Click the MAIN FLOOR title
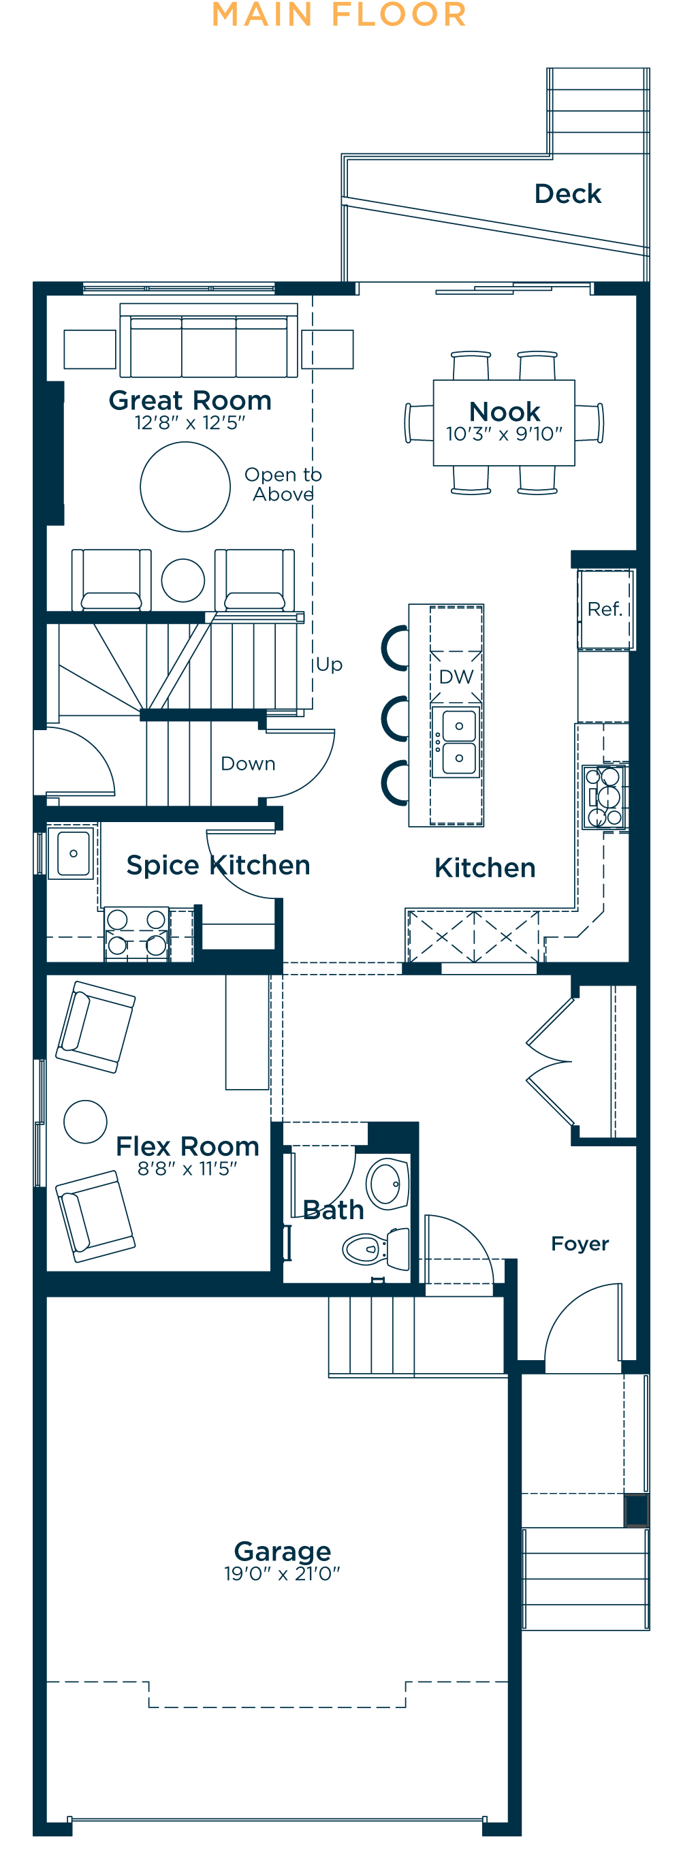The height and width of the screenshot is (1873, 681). pyautogui.click(x=339, y=15)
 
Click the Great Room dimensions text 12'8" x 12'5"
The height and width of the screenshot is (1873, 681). pyautogui.click(x=190, y=423)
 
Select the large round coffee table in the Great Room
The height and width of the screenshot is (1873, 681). pyautogui.click(x=185, y=486)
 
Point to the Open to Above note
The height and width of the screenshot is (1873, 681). pyautogui.click(x=283, y=484)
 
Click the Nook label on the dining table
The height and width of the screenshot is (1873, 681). pyautogui.click(x=504, y=411)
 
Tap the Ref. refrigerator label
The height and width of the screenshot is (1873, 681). pyautogui.click(x=604, y=609)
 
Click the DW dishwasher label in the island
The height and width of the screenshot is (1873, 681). pyautogui.click(x=456, y=677)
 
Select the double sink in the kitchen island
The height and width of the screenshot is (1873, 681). pyautogui.click(x=456, y=742)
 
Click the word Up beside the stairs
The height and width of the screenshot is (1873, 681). pyautogui.click(x=328, y=665)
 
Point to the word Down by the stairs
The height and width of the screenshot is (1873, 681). pyautogui.click(x=248, y=764)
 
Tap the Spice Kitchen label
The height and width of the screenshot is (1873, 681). pyautogui.click(x=218, y=865)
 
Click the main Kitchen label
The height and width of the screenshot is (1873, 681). pyautogui.click(x=484, y=868)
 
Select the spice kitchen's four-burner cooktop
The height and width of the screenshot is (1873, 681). pyautogui.click(x=137, y=932)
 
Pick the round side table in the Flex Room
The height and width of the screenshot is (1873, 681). pyautogui.click(x=85, y=1121)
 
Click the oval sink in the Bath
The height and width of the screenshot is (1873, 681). pyautogui.click(x=388, y=1184)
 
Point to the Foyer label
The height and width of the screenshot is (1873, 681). pyautogui.click(x=580, y=1244)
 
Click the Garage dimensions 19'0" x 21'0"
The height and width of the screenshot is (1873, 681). pyautogui.click(x=282, y=1573)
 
